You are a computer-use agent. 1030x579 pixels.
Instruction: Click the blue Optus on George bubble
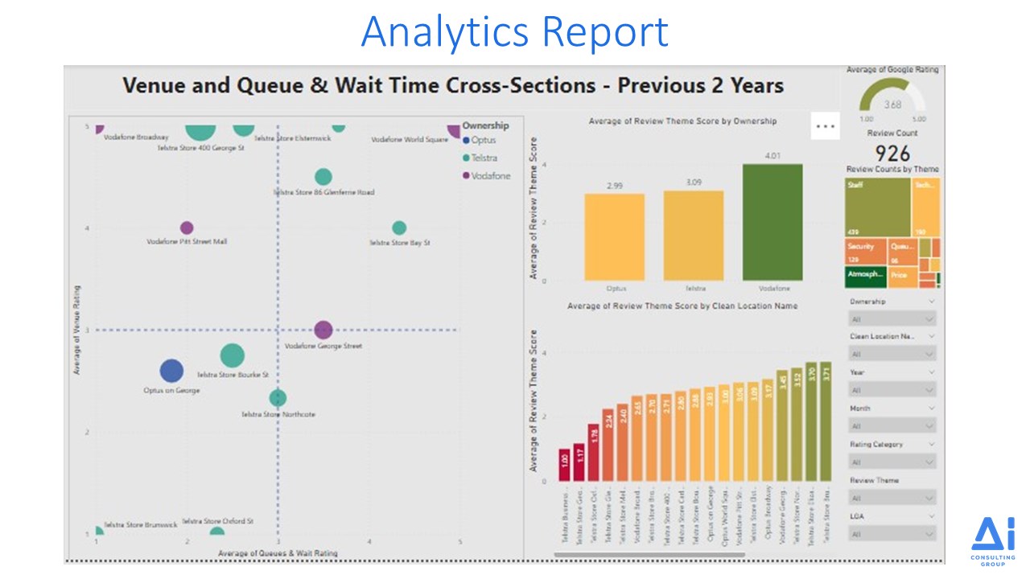click(x=171, y=371)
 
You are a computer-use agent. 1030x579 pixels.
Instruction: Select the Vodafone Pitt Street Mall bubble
click(x=187, y=228)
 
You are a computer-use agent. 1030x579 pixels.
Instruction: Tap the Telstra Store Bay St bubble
click(x=399, y=228)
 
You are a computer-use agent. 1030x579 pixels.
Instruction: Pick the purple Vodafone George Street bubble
click(x=323, y=329)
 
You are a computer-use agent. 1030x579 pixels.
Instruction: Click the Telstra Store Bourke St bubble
click(x=232, y=355)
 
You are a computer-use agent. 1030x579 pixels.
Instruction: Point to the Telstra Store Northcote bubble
click(x=278, y=397)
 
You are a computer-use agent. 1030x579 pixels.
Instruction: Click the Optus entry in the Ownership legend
click(x=488, y=141)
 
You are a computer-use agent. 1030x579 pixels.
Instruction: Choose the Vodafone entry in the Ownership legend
click(x=490, y=175)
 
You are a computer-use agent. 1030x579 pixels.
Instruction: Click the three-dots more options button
click(x=826, y=126)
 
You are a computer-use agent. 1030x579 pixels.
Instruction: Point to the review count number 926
click(x=892, y=154)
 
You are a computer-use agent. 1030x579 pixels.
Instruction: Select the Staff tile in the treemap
click(x=877, y=207)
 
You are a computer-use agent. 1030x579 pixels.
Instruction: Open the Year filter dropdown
click(x=892, y=390)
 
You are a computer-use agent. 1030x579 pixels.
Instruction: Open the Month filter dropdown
click(x=892, y=426)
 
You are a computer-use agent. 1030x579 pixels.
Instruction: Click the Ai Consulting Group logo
click(x=993, y=541)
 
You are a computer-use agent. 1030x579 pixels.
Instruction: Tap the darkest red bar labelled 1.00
click(x=564, y=465)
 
